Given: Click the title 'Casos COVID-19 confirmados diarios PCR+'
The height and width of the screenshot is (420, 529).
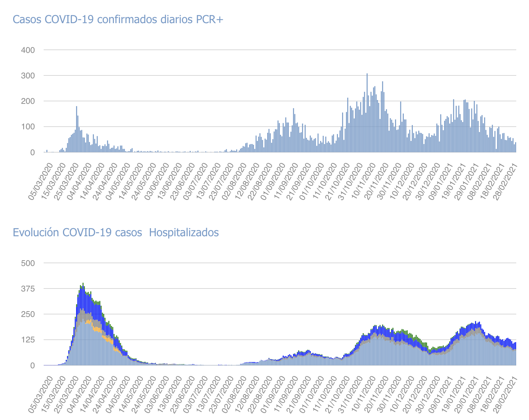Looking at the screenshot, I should (x=118, y=19).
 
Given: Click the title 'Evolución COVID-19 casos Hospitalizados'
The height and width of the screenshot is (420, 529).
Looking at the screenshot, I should (x=115, y=232).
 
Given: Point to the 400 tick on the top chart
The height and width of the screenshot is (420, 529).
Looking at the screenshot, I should (x=28, y=50).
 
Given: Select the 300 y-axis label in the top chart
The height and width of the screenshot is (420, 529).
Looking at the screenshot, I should (x=28, y=76).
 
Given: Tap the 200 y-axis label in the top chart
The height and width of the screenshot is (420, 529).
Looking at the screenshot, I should (x=28, y=101).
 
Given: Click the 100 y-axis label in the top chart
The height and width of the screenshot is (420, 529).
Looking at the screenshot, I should (x=28, y=127).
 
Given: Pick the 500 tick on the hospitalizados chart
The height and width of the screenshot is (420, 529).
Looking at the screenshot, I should (x=28, y=263).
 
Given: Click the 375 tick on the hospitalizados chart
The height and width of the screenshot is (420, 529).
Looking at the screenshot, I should (x=28, y=289).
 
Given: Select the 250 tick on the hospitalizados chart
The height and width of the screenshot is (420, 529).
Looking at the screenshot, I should (x=28, y=314).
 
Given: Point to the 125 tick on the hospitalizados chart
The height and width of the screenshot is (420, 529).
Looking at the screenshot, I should (x=28, y=340).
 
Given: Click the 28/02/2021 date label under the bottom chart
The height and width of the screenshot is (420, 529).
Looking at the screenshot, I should (x=505, y=394).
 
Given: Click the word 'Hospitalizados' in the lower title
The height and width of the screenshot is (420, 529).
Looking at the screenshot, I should (x=184, y=232).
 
